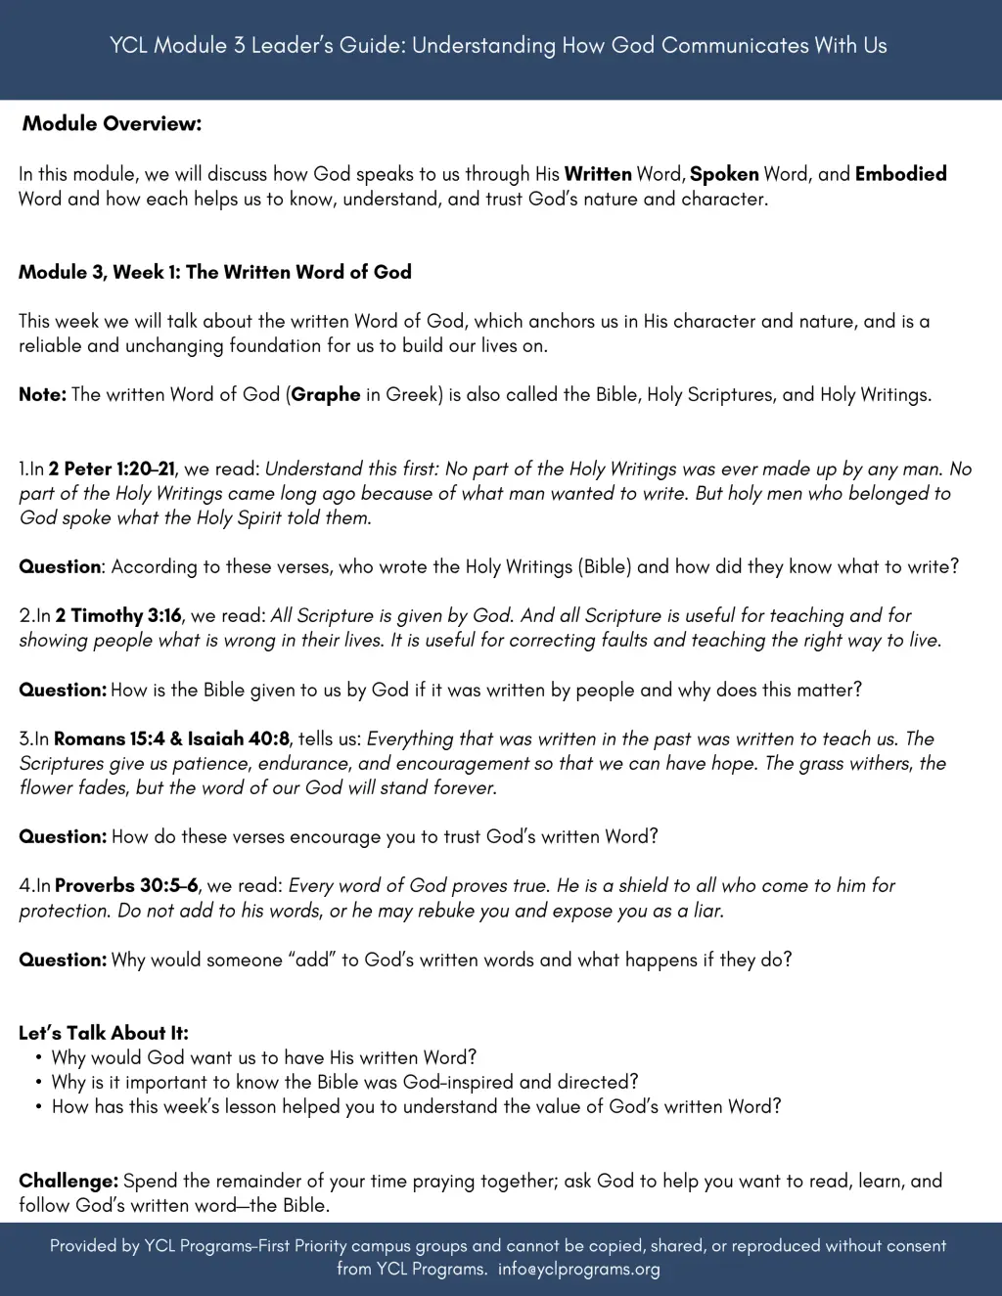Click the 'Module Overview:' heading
(x=112, y=124)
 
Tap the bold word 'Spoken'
(x=724, y=174)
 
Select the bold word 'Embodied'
(x=900, y=174)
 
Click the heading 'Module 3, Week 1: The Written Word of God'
(x=214, y=272)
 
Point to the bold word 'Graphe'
(x=326, y=395)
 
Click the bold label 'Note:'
(x=42, y=395)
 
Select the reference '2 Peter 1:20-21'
(x=113, y=469)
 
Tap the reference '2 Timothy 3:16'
(x=118, y=615)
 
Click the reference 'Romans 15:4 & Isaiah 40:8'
(x=172, y=738)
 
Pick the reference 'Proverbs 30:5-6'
(x=126, y=885)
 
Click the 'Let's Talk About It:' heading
(x=104, y=1033)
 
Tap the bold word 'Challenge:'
(x=68, y=1181)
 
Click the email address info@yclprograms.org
(x=578, y=1269)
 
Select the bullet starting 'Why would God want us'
(x=264, y=1057)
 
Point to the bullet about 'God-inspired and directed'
(x=344, y=1082)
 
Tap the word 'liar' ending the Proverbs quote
(x=706, y=911)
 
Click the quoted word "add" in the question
(x=312, y=960)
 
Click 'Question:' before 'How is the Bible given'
(x=63, y=690)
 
